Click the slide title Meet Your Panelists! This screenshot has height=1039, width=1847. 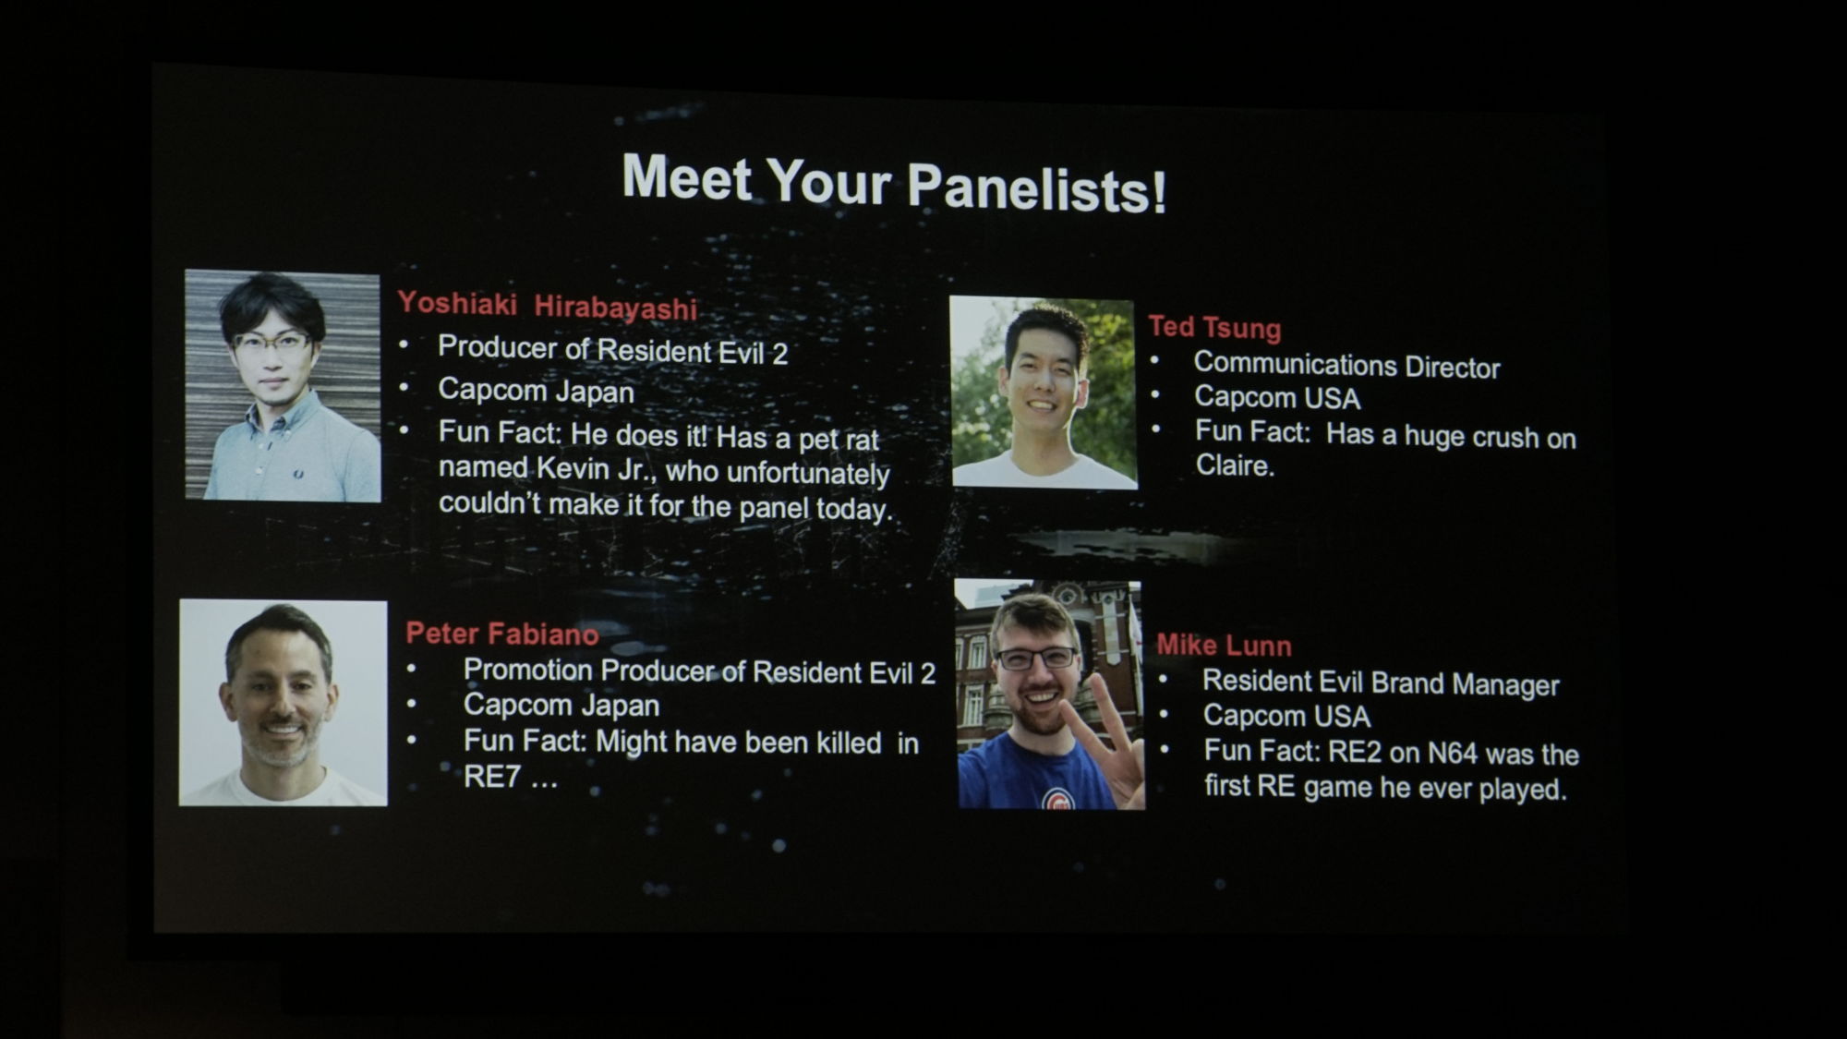point(894,183)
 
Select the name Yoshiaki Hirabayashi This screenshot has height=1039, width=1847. point(547,305)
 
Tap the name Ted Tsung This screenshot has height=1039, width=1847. point(1214,327)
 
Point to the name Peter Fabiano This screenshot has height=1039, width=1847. point(502,634)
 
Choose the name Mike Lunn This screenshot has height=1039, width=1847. point(1224,645)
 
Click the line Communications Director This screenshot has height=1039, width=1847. point(1346,366)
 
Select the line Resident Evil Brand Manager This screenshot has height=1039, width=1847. point(1381,683)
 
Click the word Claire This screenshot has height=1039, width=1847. point(1235,465)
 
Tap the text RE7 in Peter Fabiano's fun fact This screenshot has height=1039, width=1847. point(492,777)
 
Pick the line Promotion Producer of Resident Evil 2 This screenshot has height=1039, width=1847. point(699,671)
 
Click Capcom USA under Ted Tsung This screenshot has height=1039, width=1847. point(1277,398)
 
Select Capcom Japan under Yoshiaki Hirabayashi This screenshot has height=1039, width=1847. point(536,391)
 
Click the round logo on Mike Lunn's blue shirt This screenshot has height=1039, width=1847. point(1058,799)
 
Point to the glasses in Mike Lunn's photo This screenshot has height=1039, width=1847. point(1035,658)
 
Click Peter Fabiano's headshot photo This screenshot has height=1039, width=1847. point(283,703)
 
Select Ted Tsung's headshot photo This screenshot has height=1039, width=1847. point(1044,393)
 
